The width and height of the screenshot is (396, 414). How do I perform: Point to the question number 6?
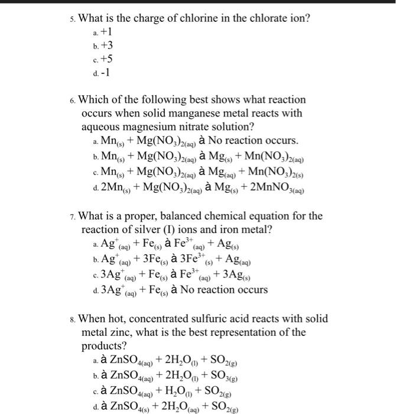coord(72,101)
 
